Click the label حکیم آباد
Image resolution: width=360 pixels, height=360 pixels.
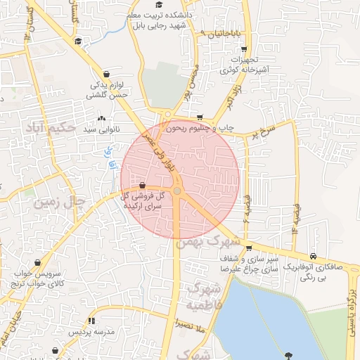tap(49, 128)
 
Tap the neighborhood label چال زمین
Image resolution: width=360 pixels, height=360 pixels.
tap(63, 203)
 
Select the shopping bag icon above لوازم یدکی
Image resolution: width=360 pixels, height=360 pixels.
tap(106, 73)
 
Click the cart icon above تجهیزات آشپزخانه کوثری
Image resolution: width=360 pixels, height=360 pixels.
tap(243, 49)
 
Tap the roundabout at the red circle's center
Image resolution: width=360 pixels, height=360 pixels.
tap(178, 191)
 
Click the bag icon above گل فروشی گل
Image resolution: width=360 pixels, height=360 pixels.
tap(143, 185)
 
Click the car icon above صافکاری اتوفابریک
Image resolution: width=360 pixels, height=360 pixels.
tap(312, 257)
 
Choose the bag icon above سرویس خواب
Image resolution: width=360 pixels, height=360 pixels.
tap(15, 262)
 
